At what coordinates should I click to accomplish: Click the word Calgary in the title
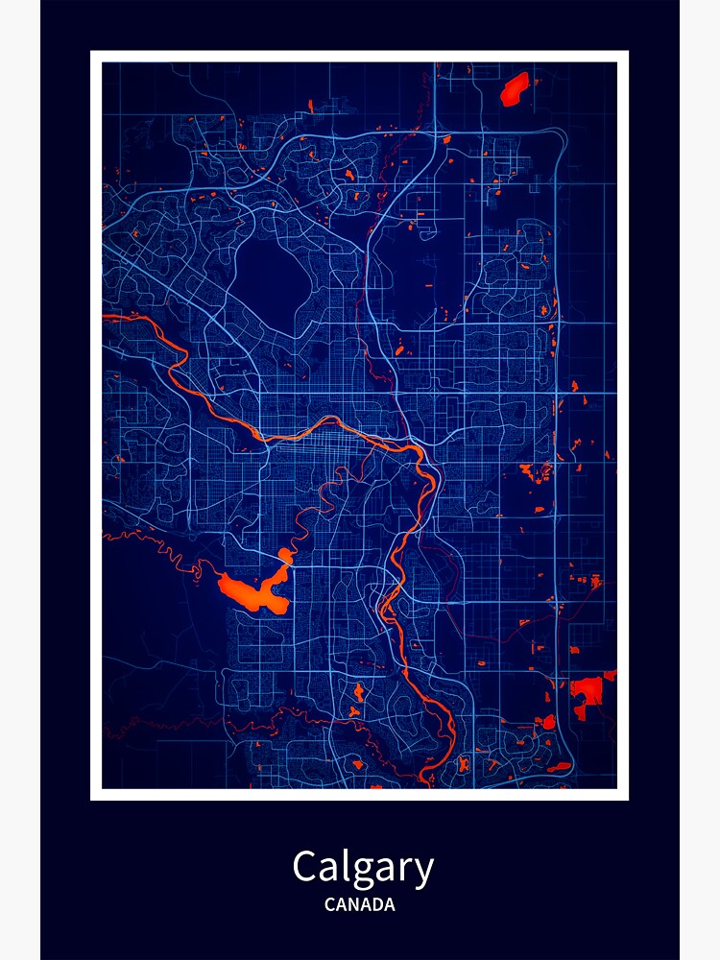pyautogui.click(x=363, y=868)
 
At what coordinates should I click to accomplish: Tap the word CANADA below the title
pyautogui.click(x=359, y=904)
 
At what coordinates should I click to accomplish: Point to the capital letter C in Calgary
pyautogui.click(x=305, y=867)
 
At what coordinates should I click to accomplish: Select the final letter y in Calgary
pyautogui.click(x=423, y=872)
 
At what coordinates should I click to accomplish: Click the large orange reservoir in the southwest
pyautogui.click(x=252, y=592)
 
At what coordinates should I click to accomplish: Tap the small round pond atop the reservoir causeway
pyautogui.click(x=285, y=556)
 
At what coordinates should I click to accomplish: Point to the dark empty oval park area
pyautogui.click(x=273, y=277)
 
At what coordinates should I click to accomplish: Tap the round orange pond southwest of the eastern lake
pyautogui.click(x=548, y=722)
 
